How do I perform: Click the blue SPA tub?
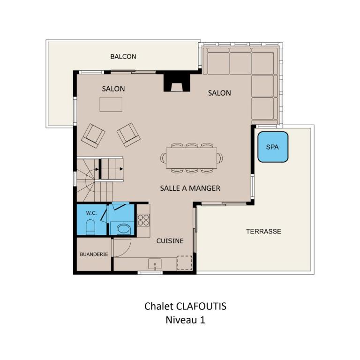pos(273,147)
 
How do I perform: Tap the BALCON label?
pos(123,56)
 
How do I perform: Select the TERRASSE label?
pos(263,231)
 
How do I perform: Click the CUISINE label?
pos(170,241)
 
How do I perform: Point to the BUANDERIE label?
pos(94,255)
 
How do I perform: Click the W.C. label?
pos(91,213)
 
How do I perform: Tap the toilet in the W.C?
pos(90,227)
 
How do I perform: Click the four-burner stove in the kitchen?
pos(143,220)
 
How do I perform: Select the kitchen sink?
pos(155,264)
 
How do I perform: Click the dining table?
pos(191,158)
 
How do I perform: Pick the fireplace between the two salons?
pos(177,82)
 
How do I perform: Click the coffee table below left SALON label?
pos(111,104)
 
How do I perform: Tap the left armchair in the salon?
pos(93,135)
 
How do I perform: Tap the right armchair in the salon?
pos(128,135)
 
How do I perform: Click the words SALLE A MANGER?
pos(190,188)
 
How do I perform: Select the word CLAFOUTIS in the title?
pos(201,306)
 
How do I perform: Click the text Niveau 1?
pos(185,320)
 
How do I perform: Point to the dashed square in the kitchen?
pos(185,263)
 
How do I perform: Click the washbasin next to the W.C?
pos(124,229)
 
